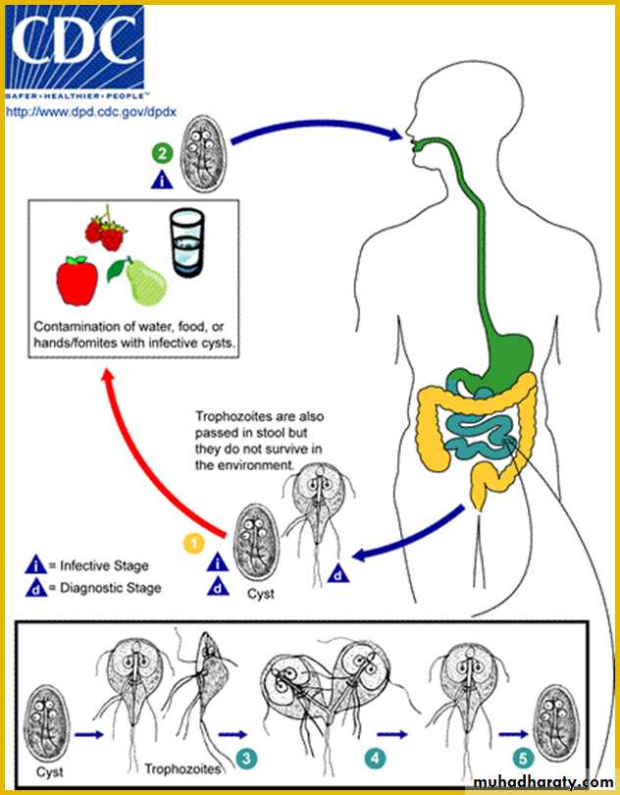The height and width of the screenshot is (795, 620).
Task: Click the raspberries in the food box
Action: pyautogui.click(x=106, y=228)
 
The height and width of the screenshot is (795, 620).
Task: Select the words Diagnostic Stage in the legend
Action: pyautogui.click(x=110, y=588)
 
